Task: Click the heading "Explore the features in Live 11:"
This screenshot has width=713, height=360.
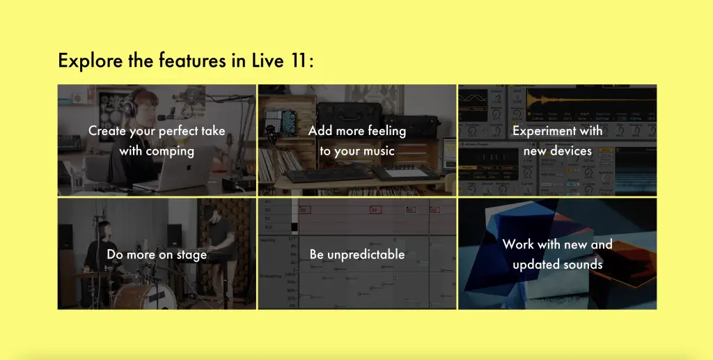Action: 185,61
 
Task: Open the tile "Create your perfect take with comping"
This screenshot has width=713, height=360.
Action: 157,140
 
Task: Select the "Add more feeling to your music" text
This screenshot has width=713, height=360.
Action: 357,141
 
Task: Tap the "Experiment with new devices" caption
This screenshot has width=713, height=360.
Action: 558,141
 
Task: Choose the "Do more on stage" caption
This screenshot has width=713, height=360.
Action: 157,255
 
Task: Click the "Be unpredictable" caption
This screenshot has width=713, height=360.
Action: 357,255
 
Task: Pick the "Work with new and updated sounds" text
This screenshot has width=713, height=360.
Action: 558,254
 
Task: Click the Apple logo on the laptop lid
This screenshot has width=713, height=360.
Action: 189,167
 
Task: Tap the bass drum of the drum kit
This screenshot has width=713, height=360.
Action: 144,297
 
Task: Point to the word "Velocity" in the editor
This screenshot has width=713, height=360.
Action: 267,240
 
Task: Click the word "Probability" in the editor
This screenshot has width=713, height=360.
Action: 271,276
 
